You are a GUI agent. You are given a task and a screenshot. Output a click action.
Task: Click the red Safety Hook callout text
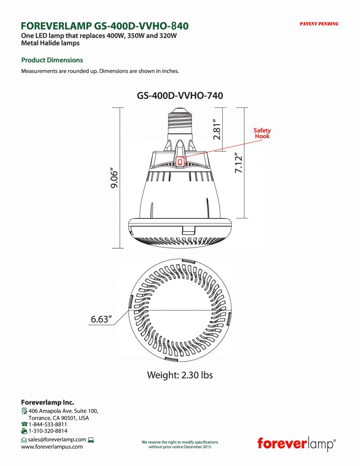coord(262,133)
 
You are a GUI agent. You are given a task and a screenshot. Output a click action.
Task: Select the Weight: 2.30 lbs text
coord(180,375)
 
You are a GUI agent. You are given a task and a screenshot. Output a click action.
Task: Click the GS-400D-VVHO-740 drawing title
coord(180,96)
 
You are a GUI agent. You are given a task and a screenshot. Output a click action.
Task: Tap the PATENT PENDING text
coord(319,24)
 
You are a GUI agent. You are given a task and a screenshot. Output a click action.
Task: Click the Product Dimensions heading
coord(52,60)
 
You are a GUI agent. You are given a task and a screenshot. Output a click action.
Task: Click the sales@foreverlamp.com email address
coord(57,440)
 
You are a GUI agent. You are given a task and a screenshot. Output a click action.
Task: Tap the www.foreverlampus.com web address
coord(52,446)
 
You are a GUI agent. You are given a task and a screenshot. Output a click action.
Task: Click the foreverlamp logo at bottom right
coord(296,443)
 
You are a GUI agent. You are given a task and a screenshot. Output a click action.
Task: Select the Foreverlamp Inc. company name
coord(47,402)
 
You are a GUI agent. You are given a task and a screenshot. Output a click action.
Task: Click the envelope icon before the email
coord(24,440)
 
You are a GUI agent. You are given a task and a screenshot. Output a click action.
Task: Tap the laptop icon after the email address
coord(91,440)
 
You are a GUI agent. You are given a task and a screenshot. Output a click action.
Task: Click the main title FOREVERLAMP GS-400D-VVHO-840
coord(105,25)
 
